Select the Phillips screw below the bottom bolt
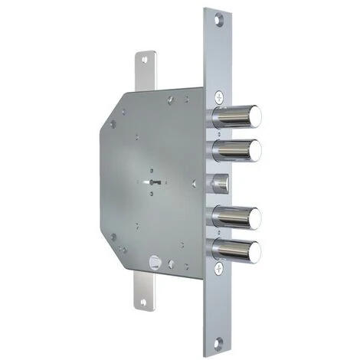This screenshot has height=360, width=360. (219, 268)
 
